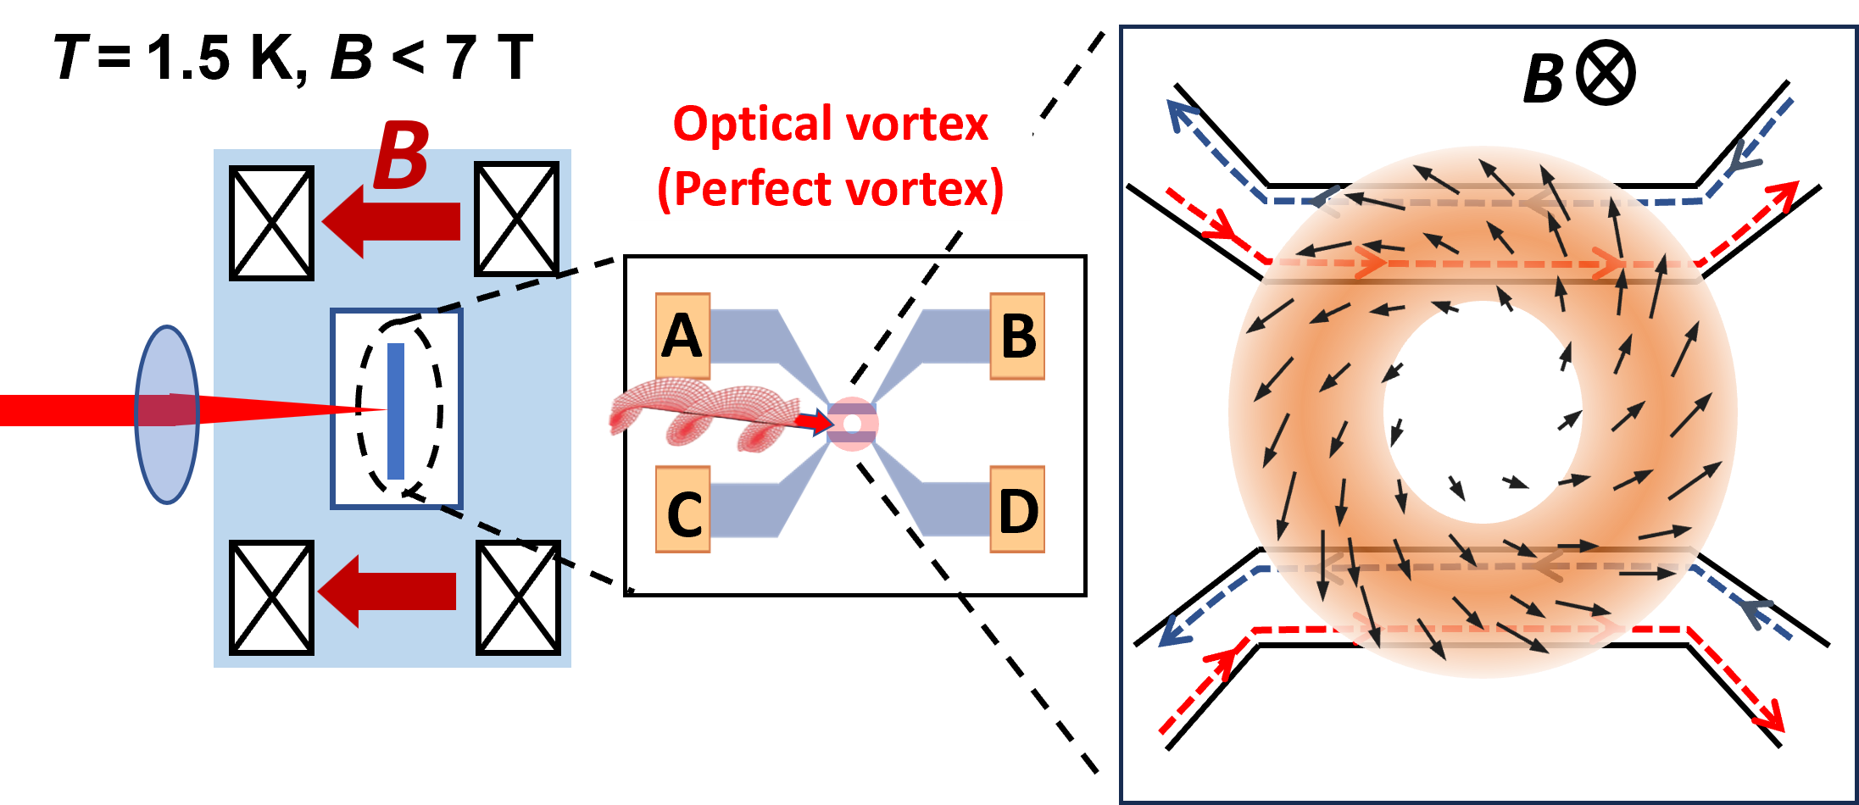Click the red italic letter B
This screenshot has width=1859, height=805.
click(401, 155)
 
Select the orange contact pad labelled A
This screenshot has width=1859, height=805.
click(682, 336)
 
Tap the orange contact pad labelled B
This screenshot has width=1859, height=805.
click(1017, 336)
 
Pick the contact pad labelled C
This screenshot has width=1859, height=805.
click(682, 510)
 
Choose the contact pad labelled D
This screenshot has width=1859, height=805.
click(1017, 510)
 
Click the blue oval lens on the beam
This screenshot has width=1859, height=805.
click(167, 414)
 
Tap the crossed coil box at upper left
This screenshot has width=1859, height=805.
click(272, 223)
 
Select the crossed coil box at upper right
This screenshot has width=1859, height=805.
click(516, 219)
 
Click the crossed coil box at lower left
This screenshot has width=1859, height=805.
click(272, 597)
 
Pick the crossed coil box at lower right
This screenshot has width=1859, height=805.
click(518, 597)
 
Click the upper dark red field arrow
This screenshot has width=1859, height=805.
click(392, 221)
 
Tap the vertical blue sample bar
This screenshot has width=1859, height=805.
click(395, 411)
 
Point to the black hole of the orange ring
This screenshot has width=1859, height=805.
click(1483, 413)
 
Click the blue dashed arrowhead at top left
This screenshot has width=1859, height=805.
click(1180, 114)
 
